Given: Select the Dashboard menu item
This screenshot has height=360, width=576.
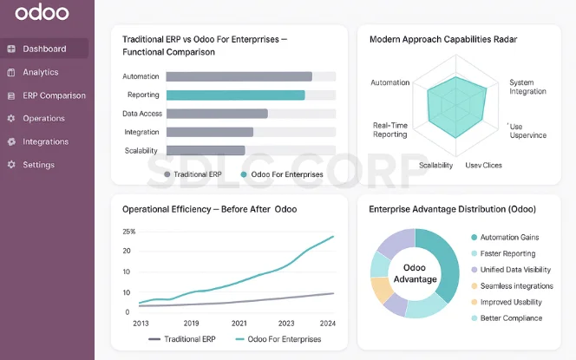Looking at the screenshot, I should click(x=44, y=49).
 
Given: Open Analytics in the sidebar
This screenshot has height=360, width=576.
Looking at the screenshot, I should click(x=41, y=72).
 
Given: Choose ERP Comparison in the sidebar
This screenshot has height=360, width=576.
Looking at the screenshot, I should click(x=54, y=95).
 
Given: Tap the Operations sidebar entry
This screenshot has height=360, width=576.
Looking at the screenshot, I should click(x=43, y=118).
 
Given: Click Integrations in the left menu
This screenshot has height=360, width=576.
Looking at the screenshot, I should click(x=45, y=141).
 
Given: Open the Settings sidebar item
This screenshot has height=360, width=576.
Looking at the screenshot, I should click(x=38, y=165).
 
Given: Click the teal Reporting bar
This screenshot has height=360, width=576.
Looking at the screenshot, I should click(x=235, y=95).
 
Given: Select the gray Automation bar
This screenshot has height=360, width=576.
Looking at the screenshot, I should click(x=239, y=76).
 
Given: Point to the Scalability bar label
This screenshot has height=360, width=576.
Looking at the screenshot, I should click(x=141, y=151).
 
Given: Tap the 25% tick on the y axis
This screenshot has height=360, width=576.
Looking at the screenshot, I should click(x=128, y=232).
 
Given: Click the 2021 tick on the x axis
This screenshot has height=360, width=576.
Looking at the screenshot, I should click(x=239, y=323).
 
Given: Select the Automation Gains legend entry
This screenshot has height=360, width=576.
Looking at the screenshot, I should click(x=511, y=237).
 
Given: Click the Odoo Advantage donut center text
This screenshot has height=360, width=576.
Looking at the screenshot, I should click(x=415, y=273).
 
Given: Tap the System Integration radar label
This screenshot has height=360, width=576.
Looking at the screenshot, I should click(x=527, y=87).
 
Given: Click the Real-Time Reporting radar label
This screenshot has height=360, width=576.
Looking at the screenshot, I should click(x=390, y=130).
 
